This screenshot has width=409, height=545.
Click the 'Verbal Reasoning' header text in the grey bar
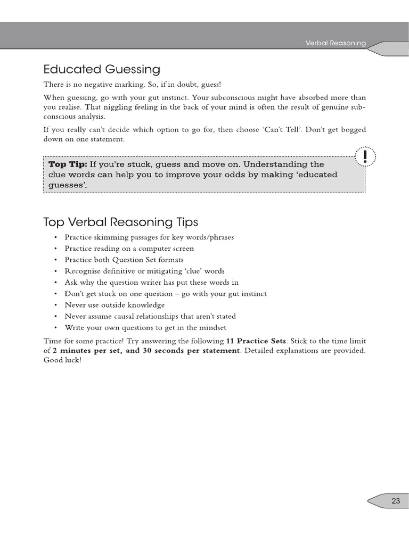[335, 43]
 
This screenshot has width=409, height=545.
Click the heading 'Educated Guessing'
[101, 69]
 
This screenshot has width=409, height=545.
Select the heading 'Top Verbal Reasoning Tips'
[120, 221]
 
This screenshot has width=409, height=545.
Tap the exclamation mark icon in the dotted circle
[365, 156]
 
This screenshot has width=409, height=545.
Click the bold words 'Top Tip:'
[68, 164]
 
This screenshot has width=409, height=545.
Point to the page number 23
[396, 500]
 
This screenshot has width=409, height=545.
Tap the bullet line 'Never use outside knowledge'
[114, 305]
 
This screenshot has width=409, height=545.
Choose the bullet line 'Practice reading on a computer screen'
[129, 249]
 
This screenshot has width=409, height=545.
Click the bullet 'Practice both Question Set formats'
[124, 260]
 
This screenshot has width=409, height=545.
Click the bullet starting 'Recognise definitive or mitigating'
[144, 271]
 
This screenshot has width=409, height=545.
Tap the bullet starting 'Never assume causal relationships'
[150, 316]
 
